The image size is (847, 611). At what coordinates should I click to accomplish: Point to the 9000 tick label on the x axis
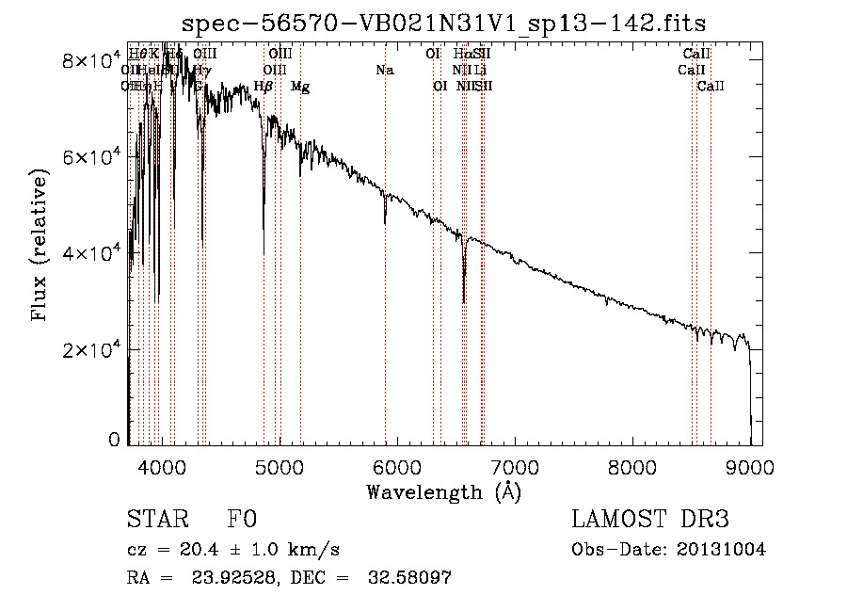750,466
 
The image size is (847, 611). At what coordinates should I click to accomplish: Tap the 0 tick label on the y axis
114,440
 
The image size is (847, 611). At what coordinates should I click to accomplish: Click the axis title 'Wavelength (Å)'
443,491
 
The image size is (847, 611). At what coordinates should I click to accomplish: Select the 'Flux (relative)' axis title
40,247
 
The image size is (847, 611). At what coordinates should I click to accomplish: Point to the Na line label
384,71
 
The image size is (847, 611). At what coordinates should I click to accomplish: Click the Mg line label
300,87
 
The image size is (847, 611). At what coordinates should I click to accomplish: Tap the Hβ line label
264,87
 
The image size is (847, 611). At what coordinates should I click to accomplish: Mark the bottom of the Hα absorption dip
464,302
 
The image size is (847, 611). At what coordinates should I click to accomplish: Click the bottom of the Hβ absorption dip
264,229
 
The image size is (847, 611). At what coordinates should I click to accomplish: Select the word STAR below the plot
156,520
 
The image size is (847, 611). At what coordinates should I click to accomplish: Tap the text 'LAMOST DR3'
649,520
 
